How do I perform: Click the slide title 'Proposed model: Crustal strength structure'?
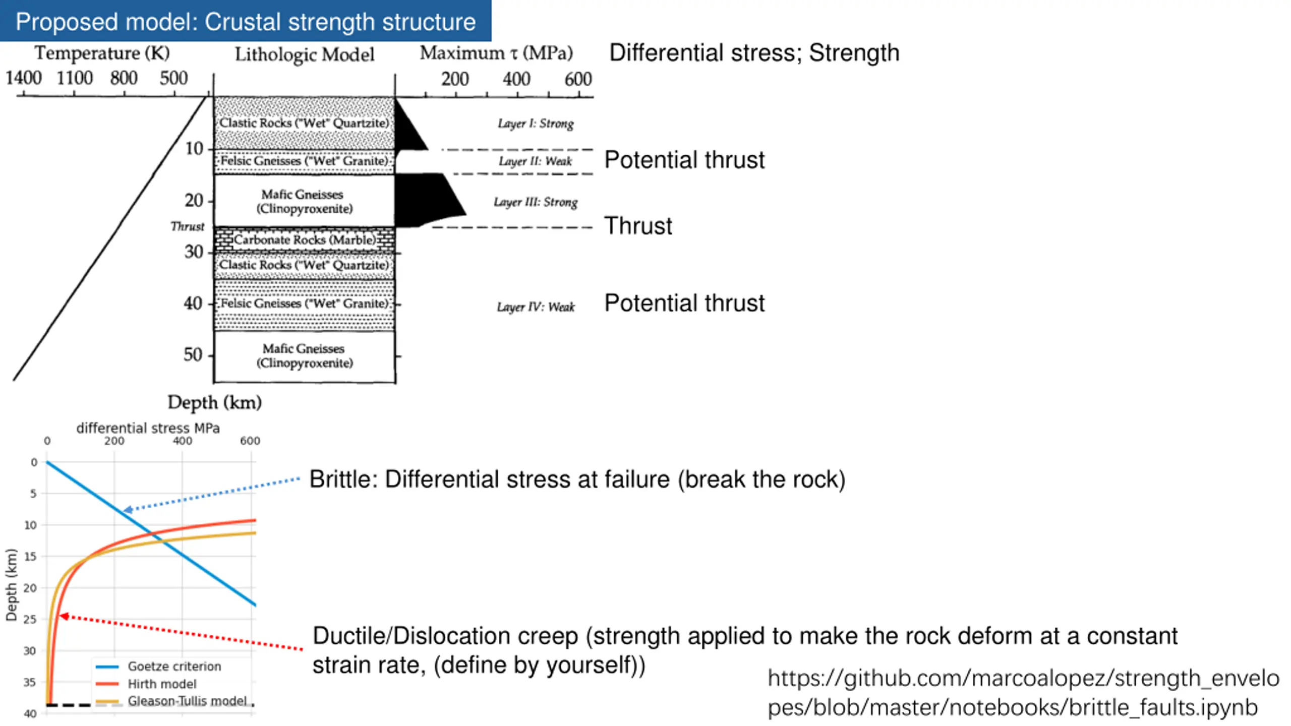point(246,22)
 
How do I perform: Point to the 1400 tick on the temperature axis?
point(23,79)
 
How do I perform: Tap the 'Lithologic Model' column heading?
point(305,54)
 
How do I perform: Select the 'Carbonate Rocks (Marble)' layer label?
point(305,239)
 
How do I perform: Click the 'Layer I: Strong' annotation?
point(536,124)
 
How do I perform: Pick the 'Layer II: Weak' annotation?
point(536,161)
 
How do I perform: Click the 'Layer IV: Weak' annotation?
point(536,307)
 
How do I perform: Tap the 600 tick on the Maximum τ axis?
point(578,80)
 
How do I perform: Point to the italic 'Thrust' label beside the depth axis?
point(188,226)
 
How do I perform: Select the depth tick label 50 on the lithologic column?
point(193,355)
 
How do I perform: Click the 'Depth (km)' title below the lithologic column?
point(215,402)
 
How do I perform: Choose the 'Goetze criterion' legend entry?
point(174,667)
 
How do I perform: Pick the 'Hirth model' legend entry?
point(162,684)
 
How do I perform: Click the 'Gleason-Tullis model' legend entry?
point(187,701)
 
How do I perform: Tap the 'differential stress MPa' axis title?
point(148,428)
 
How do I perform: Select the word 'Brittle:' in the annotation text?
point(343,479)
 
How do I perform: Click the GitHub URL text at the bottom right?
point(1023,693)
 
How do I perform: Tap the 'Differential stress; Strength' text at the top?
point(754,53)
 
